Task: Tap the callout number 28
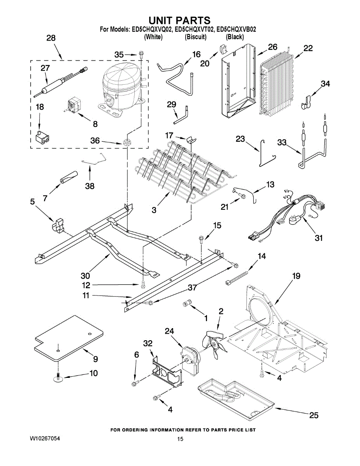click(51, 38)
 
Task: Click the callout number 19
click(296, 276)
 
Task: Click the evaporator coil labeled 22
click(277, 85)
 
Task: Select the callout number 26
click(273, 47)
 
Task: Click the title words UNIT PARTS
click(180, 20)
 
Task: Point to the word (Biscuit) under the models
click(196, 37)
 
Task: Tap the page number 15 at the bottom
click(180, 439)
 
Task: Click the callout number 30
click(85, 276)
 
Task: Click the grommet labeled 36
click(127, 142)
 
